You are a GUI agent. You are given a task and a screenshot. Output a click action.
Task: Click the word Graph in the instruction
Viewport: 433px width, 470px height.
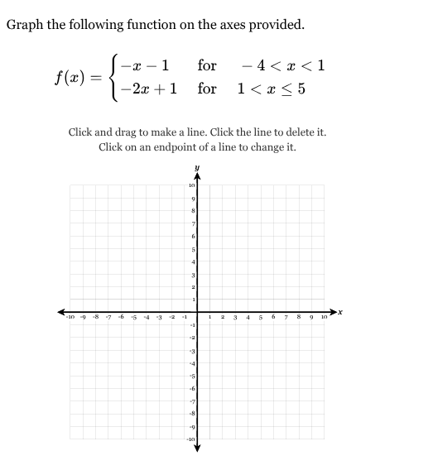pyautogui.click(x=24, y=24)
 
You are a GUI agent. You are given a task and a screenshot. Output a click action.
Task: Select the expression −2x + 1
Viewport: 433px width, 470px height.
pyautogui.click(x=149, y=88)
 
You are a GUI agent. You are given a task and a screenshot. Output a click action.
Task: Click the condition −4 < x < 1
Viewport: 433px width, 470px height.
pyautogui.click(x=281, y=65)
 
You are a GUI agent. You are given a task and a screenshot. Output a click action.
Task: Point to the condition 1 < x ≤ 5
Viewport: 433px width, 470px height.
pyautogui.click(x=271, y=88)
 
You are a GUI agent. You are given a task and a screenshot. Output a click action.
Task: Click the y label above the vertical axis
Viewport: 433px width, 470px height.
pyautogui.click(x=197, y=168)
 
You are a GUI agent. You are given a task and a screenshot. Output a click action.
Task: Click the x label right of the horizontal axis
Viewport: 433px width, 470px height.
pyautogui.click(x=340, y=311)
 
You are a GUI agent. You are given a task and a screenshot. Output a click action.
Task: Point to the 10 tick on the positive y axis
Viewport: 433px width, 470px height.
pyautogui.click(x=191, y=186)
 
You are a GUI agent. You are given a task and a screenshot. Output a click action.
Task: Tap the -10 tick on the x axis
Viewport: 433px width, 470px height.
pyautogui.click(x=72, y=318)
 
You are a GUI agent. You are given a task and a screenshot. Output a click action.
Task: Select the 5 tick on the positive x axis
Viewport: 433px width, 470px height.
pyautogui.click(x=260, y=318)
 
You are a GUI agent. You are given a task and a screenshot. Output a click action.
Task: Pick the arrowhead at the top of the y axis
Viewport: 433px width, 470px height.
pyautogui.click(x=197, y=177)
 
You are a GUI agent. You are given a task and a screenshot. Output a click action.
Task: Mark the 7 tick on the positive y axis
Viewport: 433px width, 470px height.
pyautogui.click(x=191, y=224)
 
